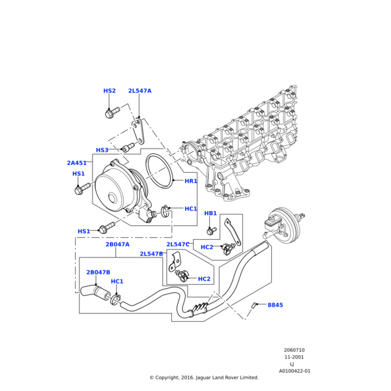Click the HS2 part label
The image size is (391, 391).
[x=109, y=91]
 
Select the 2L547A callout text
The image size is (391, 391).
[x=139, y=91]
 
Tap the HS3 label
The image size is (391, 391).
[x=102, y=151]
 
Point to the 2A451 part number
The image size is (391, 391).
[x=77, y=163]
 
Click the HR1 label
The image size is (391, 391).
[x=191, y=181]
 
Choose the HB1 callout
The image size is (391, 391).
[x=210, y=214]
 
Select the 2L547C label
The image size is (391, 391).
[x=178, y=244]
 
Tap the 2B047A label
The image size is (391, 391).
[x=117, y=244]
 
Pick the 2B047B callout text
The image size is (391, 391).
[x=98, y=272]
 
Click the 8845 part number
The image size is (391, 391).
[x=275, y=305]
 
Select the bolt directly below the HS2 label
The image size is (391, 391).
[x=109, y=114]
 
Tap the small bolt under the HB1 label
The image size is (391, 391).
[x=210, y=230]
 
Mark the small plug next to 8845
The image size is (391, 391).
[x=255, y=305]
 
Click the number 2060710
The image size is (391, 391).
[x=294, y=351]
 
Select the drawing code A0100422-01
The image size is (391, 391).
[x=295, y=371]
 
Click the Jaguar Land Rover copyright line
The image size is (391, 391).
[x=204, y=377]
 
